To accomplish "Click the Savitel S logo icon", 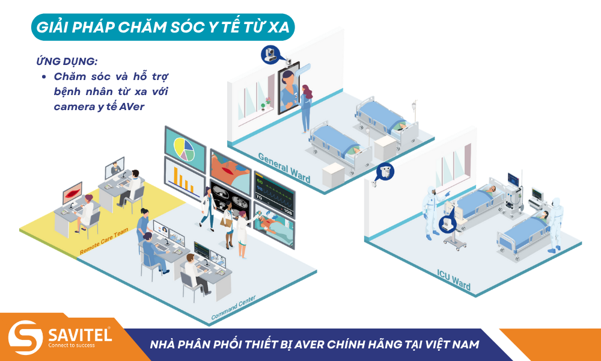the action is pyautogui.click(x=26, y=337).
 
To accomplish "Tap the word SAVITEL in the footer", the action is pyautogui.click(x=80, y=335).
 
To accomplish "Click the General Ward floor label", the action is pyautogui.click(x=284, y=168).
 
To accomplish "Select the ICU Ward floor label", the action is pyautogui.click(x=454, y=280).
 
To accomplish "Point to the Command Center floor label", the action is pyautogui.click(x=233, y=307).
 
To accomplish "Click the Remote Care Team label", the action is pyautogui.click(x=104, y=241).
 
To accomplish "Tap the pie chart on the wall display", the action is pyautogui.click(x=185, y=149).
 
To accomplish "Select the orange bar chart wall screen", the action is pyautogui.click(x=185, y=178).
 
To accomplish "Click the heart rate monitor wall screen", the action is pyautogui.click(x=274, y=195).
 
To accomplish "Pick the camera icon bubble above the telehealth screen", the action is pyautogui.click(x=271, y=55).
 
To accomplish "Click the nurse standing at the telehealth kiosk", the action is pyautogui.click(x=306, y=108).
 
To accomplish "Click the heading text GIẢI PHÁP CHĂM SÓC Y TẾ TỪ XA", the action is pyautogui.click(x=163, y=27).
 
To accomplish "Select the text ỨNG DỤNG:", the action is pyautogui.click(x=67, y=61).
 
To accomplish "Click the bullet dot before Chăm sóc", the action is pyautogui.click(x=44, y=77).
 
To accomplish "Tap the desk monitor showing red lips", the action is pyautogui.click(x=72, y=193).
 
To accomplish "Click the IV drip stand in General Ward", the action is pyautogui.click(x=414, y=111).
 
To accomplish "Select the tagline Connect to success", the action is pyautogui.click(x=72, y=345).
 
